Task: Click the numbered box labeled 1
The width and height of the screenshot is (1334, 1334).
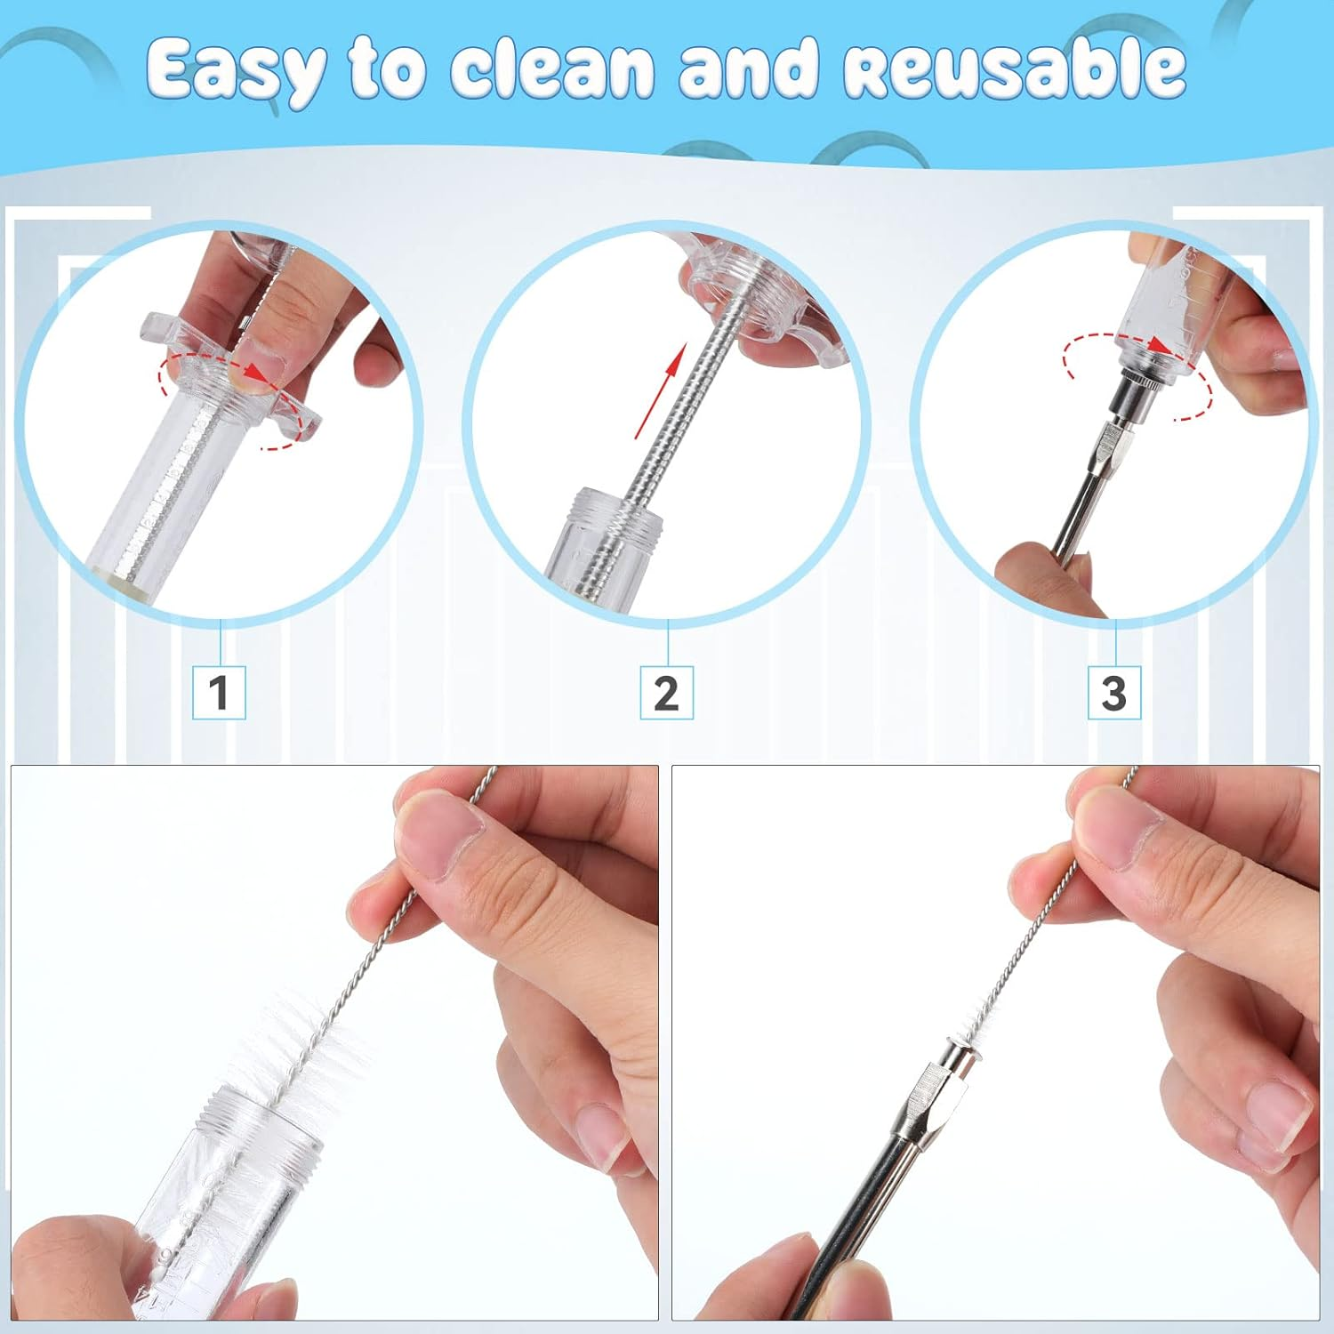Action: (x=219, y=692)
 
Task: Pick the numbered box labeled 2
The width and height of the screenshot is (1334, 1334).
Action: (x=666, y=692)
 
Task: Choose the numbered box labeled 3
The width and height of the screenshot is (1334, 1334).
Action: (x=1113, y=692)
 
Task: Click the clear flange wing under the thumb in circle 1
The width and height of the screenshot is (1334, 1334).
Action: (x=293, y=418)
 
